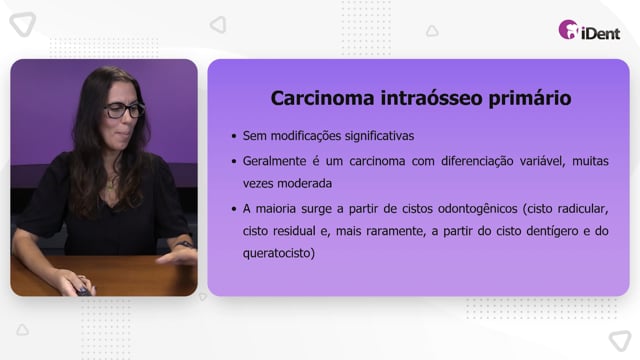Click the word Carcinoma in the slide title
point(322,98)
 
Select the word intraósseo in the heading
point(431,98)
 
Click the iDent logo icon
point(569,30)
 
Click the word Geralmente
point(274,161)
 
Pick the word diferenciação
point(477,162)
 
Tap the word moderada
point(304,184)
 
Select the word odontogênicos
point(478,209)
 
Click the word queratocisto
point(279,253)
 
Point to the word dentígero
point(552,231)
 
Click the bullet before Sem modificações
point(234,136)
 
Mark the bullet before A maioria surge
point(234,209)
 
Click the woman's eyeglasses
point(124,110)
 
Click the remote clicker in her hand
point(84,291)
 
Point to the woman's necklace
point(110,184)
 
